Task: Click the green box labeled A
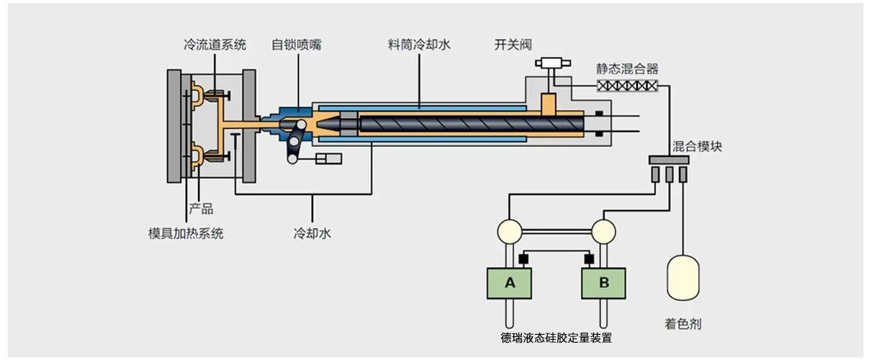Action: (x=510, y=283)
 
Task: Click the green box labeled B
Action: (x=603, y=283)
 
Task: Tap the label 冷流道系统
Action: (x=215, y=45)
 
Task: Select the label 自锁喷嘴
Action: (x=297, y=45)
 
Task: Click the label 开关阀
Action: (x=513, y=45)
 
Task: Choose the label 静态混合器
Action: (x=627, y=69)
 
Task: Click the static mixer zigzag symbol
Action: (x=627, y=86)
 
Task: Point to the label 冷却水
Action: (x=312, y=233)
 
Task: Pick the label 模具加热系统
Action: (x=186, y=233)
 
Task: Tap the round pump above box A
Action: (x=510, y=230)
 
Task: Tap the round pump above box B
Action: (x=603, y=230)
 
